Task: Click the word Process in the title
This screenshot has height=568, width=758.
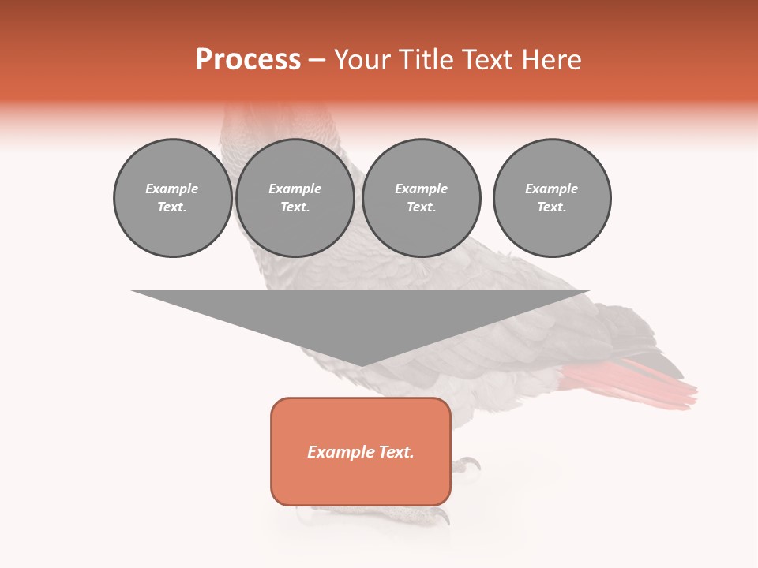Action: pyautogui.click(x=248, y=60)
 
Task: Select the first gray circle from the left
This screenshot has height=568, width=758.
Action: pyautogui.click(x=172, y=197)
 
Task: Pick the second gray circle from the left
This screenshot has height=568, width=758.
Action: pyautogui.click(x=295, y=197)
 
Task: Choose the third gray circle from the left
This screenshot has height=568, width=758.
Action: pyautogui.click(x=421, y=197)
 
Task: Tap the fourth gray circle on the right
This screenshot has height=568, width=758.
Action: pyautogui.click(x=551, y=197)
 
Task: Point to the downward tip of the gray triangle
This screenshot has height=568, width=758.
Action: pyautogui.click(x=361, y=364)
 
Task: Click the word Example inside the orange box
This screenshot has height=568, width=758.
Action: pyautogui.click(x=340, y=452)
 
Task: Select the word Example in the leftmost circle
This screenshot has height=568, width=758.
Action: pyautogui.click(x=172, y=189)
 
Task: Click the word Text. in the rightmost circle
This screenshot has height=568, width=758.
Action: pyautogui.click(x=551, y=207)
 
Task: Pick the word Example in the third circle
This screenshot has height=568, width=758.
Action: pyautogui.click(x=421, y=189)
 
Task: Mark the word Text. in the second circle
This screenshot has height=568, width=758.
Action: pyautogui.click(x=295, y=207)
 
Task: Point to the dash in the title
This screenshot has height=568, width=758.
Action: pyautogui.click(x=317, y=61)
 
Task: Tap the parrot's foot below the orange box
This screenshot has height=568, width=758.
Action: pyautogui.click(x=426, y=514)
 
